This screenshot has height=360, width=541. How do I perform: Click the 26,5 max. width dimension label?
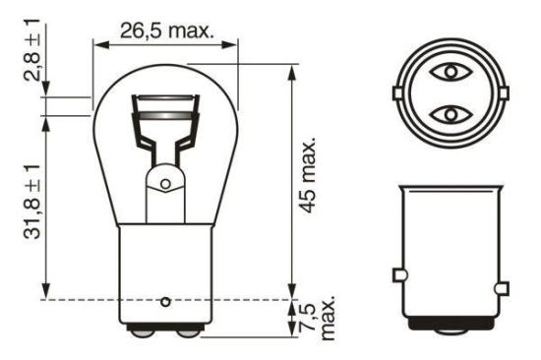(x=166, y=30)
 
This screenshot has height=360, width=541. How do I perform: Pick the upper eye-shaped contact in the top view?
(x=451, y=72)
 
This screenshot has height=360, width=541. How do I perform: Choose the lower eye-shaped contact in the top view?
(x=451, y=114)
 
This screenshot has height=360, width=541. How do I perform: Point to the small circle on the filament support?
(x=166, y=184)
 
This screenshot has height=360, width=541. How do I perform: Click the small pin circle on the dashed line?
(x=166, y=300)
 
